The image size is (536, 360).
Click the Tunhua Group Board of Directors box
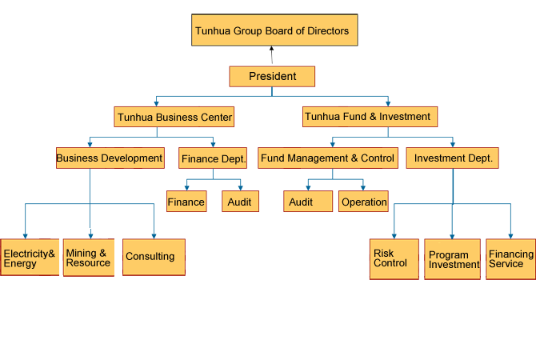coord(274,30)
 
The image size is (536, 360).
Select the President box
coord(272,77)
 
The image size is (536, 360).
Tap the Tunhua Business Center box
coord(174,117)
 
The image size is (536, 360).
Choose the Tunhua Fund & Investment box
coord(370,117)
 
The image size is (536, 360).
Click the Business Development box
coord(110,158)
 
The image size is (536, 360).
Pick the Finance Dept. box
coord(213,158)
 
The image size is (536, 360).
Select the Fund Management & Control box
coord(328,158)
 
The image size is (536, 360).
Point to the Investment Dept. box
coord(452,158)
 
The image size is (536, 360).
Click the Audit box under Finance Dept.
coord(240,202)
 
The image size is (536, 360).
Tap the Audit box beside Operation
coord(308,202)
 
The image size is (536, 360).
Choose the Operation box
coord(363,202)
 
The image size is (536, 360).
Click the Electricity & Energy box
coord(30,257)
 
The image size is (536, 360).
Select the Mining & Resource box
coord(89,257)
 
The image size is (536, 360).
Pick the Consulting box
coord(154,257)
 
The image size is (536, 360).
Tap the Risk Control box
coord(394,259)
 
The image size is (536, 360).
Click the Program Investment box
coord(452,259)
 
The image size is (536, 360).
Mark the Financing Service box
coord(510,259)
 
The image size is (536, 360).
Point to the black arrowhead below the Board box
coord(271,49)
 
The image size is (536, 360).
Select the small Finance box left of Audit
coord(186,202)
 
